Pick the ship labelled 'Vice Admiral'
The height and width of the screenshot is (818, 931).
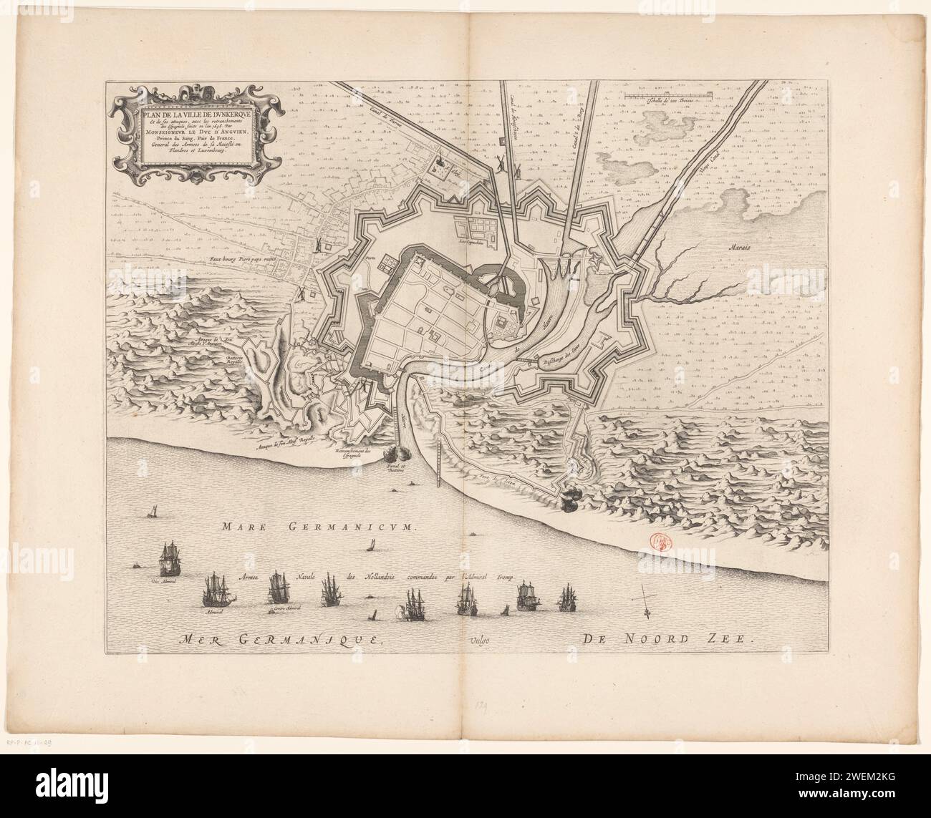170,557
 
